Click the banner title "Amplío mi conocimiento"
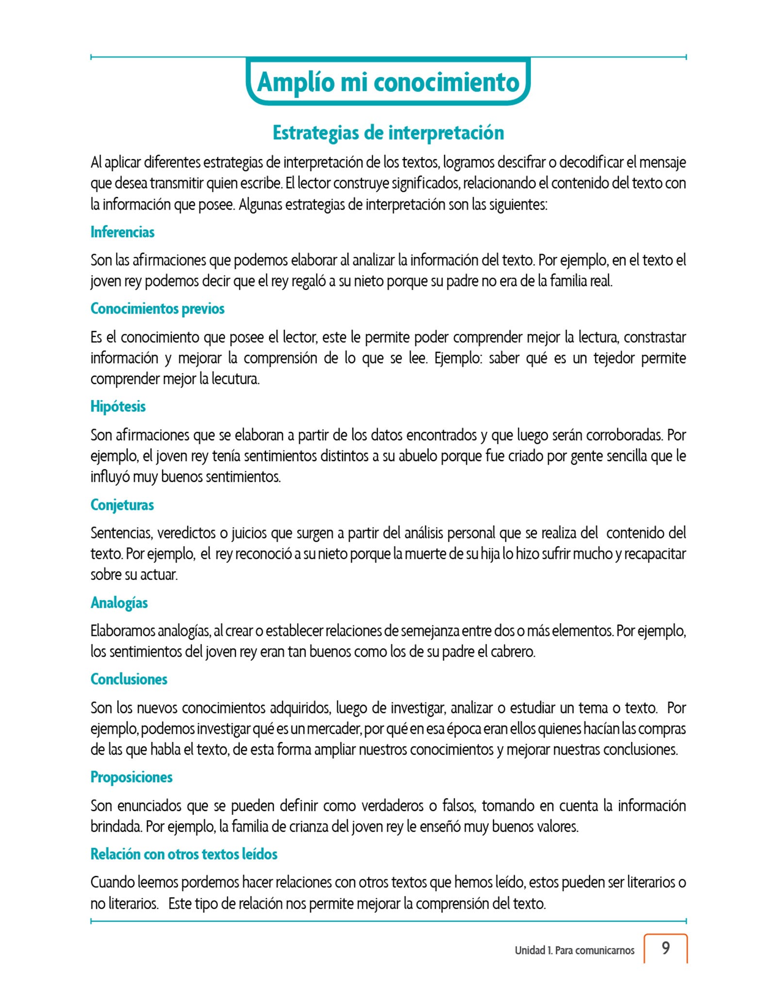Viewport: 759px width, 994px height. tap(388, 82)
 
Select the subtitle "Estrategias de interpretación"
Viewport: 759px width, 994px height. tap(388, 133)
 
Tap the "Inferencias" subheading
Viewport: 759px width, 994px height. tap(122, 232)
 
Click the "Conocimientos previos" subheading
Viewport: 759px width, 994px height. tap(157, 309)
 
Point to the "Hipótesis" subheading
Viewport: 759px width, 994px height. tap(118, 406)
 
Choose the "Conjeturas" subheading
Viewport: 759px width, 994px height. tap(122, 505)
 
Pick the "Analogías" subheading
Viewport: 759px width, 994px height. tap(119, 603)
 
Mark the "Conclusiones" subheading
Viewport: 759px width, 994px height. tap(129, 679)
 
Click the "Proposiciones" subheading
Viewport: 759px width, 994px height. tap(132, 777)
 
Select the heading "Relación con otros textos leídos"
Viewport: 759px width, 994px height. tap(184, 854)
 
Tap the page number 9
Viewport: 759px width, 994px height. tap(666, 948)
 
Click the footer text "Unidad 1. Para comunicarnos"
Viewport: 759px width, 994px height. tap(575, 950)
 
